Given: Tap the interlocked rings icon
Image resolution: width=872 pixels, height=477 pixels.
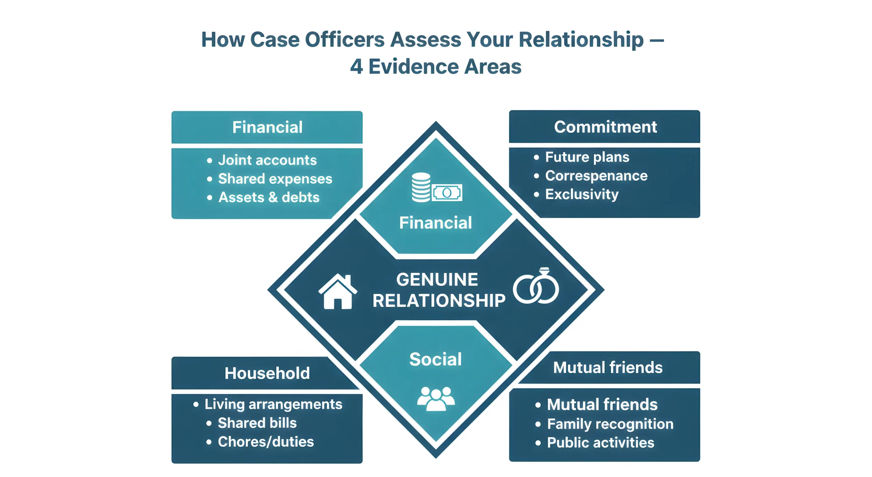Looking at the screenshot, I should (536, 286).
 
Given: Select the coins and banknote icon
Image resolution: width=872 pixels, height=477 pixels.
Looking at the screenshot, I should (436, 188).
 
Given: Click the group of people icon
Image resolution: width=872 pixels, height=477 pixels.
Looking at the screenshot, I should (436, 398).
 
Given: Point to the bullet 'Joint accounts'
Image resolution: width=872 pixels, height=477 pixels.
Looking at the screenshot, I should (267, 160).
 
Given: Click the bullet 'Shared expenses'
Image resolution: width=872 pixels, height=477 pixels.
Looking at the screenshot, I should (275, 179).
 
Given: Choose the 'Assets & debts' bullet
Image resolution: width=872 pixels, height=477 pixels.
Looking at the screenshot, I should (268, 197).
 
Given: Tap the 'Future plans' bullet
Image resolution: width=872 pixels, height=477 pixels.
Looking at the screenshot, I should (587, 157).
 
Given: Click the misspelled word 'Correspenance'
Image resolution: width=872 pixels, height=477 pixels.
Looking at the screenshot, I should (596, 176).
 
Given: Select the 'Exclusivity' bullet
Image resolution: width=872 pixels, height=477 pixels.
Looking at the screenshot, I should (581, 194).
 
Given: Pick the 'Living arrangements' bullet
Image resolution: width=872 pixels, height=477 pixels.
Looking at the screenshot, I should (273, 404).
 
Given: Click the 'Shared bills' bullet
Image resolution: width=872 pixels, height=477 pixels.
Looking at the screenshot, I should (257, 423).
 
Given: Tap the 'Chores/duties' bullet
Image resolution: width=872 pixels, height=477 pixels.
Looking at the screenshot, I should (265, 442).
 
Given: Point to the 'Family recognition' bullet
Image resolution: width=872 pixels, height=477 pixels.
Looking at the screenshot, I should (610, 424).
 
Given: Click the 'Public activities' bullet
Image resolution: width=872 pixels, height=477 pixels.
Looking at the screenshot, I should (600, 443).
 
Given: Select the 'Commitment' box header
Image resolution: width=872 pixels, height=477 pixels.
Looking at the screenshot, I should (605, 127).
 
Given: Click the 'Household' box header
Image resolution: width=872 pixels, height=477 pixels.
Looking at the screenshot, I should (267, 373).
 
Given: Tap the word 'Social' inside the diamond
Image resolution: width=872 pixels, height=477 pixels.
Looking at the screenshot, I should (435, 359).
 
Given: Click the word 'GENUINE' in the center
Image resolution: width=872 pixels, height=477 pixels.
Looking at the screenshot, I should (437, 280).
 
